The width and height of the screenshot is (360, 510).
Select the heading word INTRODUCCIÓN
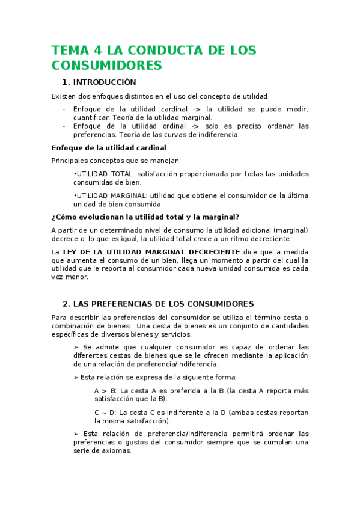pos(105,82)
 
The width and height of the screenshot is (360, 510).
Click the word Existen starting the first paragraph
pos(63,96)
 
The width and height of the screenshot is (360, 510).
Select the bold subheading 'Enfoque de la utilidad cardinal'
pos(109,147)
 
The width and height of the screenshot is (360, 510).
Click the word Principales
pos(71,161)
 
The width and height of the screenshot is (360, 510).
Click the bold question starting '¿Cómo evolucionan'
pos(145,217)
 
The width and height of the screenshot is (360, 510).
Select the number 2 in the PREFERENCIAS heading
pos(65,304)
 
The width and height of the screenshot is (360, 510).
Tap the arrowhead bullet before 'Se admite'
pos(76,347)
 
